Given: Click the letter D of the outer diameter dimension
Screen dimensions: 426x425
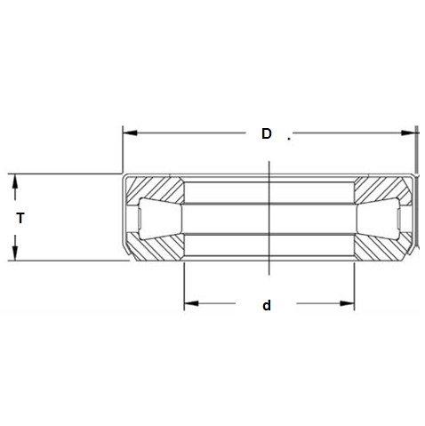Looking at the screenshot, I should tap(266, 134).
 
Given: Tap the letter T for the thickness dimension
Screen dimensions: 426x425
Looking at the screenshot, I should tap(20, 217).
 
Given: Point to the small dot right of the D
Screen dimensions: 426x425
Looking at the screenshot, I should tap(290, 138).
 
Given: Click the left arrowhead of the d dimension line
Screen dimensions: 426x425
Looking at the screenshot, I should tap(189, 306).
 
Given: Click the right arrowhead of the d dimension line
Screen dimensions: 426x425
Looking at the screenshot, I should tap(349, 306).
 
